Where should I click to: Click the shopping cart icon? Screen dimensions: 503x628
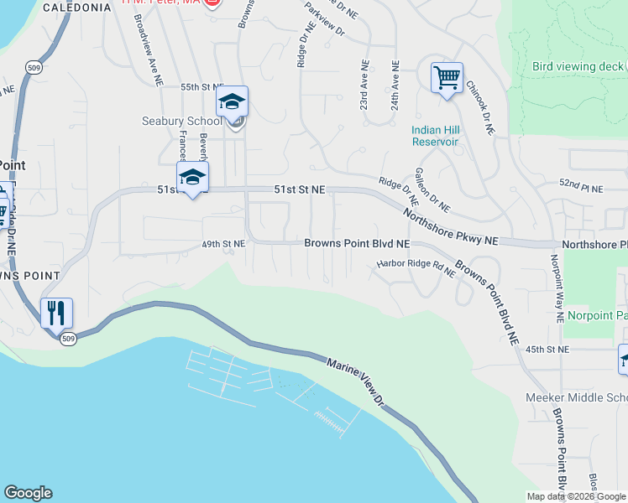447,78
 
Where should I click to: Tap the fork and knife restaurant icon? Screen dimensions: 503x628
56,313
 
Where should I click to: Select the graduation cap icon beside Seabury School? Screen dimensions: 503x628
232,101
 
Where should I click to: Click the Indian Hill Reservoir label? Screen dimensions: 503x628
435,136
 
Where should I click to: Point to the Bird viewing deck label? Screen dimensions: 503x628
578,67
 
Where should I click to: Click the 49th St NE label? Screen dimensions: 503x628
222,244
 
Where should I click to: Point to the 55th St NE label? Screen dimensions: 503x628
202,87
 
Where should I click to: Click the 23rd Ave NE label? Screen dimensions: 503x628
364,84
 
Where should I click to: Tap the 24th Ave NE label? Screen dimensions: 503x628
394,84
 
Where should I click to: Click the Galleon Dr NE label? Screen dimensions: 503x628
432,189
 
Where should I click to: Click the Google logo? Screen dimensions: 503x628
28,493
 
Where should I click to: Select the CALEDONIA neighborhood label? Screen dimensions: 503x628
76,8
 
